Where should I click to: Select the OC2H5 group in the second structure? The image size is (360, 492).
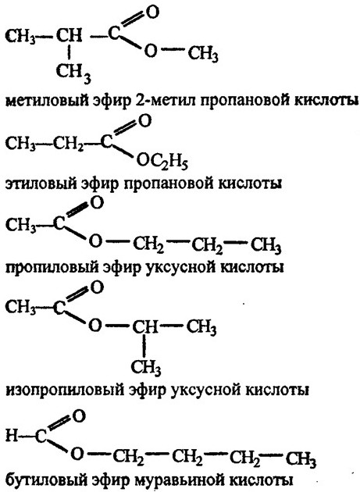tap(162, 162)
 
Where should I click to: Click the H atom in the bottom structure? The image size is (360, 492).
tap(12, 436)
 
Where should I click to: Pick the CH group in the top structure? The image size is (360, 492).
tap(69, 35)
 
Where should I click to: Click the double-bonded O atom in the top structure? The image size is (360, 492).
tap(152, 12)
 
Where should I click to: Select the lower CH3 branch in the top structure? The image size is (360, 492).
tap(73, 73)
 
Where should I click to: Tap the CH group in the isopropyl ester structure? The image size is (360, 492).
tap(144, 326)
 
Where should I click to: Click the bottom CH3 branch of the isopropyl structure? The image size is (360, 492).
tap(146, 367)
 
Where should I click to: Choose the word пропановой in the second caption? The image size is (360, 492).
tap(163, 184)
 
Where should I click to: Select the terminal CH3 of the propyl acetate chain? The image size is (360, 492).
tap(266, 246)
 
